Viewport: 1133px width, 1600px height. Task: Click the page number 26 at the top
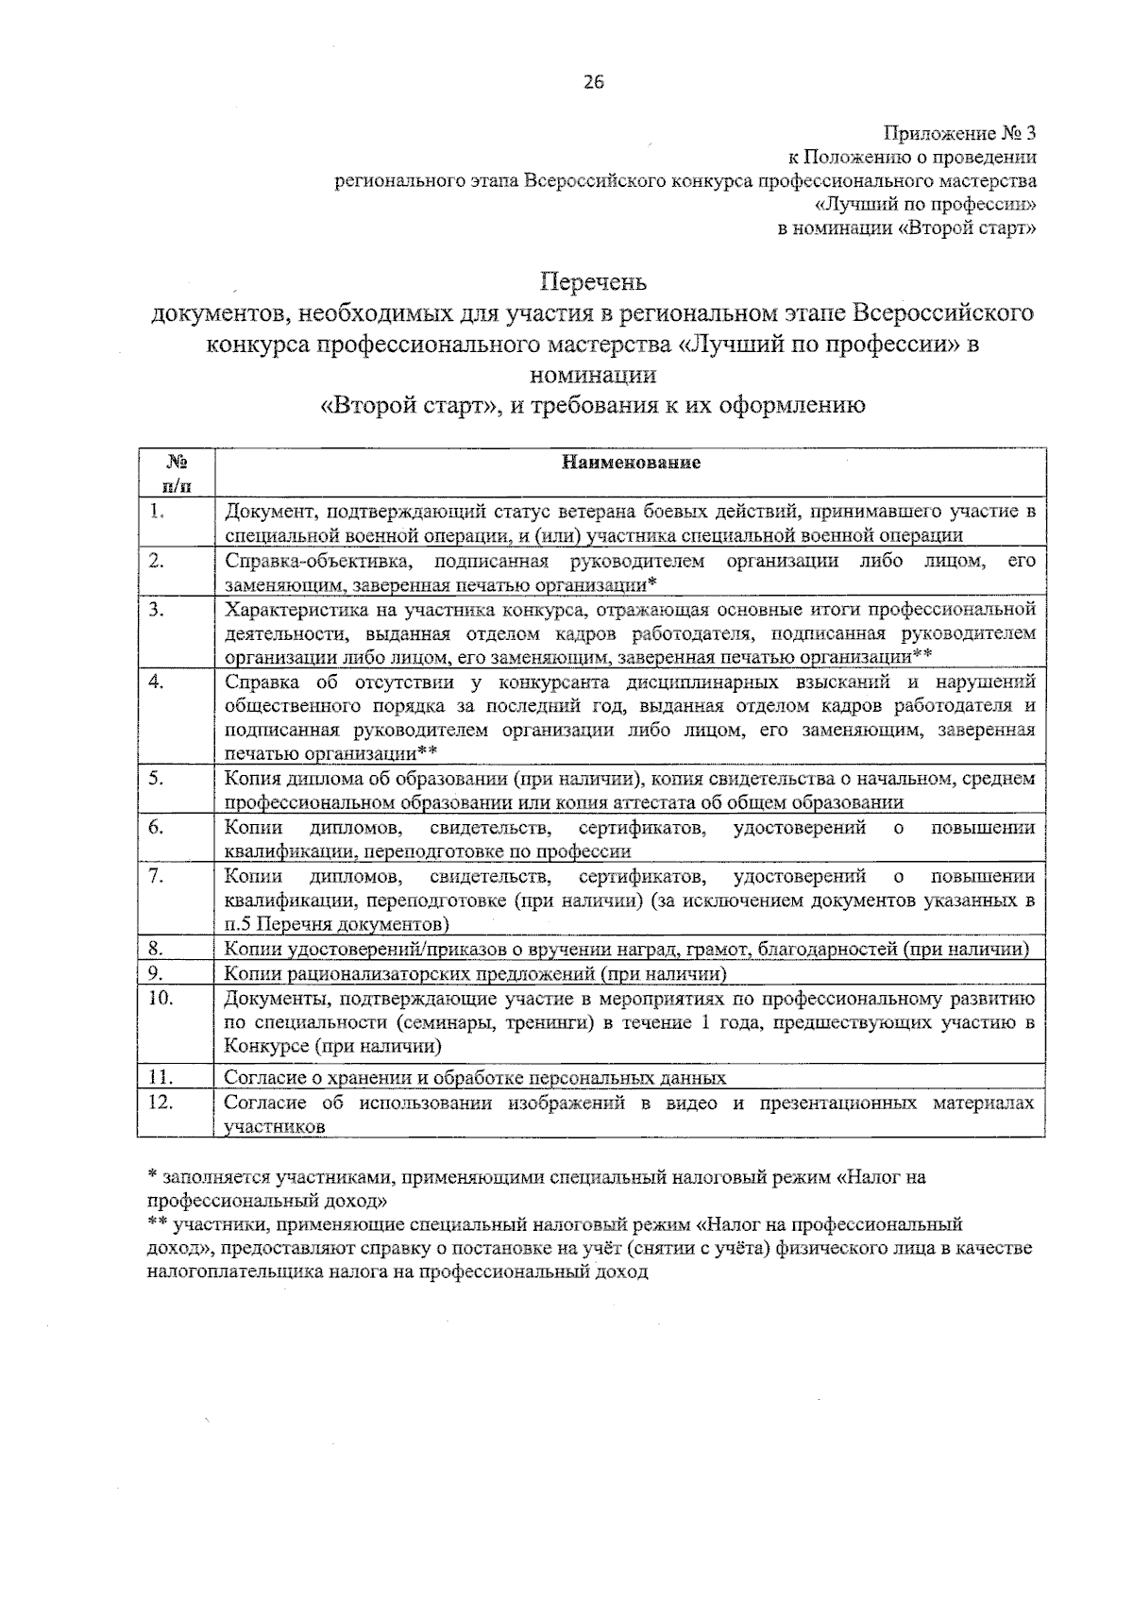coord(593,82)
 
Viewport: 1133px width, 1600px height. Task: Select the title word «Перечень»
coord(593,281)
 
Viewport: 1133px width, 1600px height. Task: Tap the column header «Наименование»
coord(631,463)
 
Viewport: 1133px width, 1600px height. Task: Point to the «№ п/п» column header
coord(176,474)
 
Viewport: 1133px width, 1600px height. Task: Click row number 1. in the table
coord(158,512)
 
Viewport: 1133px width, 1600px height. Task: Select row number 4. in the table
coord(158,682)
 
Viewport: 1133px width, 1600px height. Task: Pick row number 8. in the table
coord(158,949)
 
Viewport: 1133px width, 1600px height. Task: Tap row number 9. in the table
coord(158,973)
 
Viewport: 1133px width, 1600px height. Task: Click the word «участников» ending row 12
coord(275,1126)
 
